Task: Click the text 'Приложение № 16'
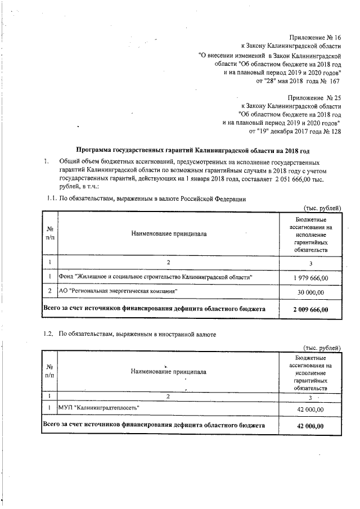pyautogui.click(x=315, y=37)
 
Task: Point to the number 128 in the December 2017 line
pyautogui.click(x=336, y=132)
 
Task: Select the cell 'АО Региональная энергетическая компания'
pyautogui.click(x=118, y=291)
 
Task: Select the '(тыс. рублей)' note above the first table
pyautogui.click(x=322, y=208)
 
